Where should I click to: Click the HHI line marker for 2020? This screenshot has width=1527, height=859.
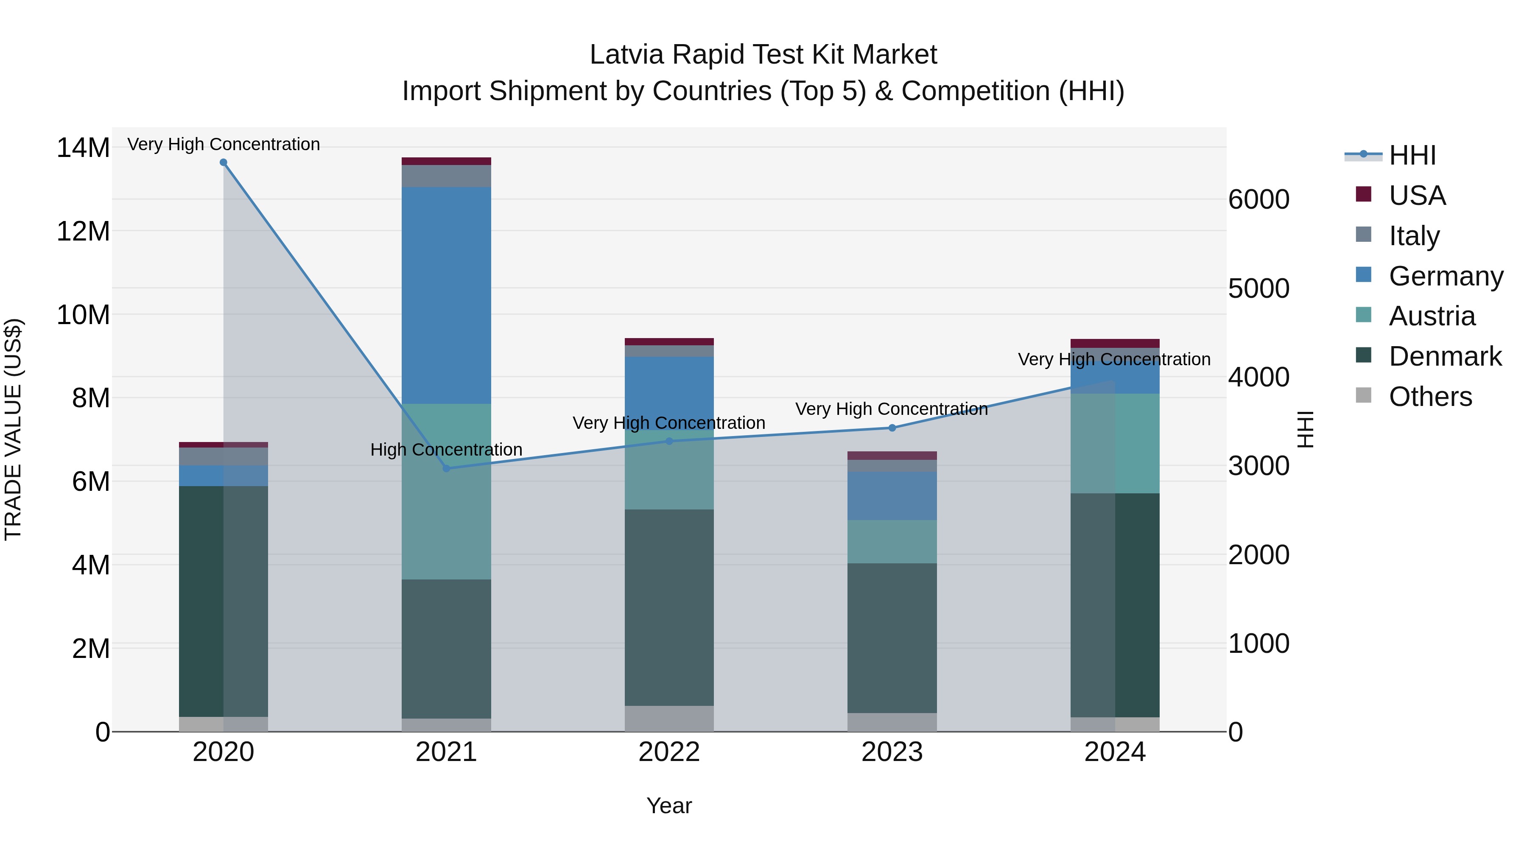coord(224,162)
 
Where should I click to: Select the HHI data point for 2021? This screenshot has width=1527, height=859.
coord(446,468)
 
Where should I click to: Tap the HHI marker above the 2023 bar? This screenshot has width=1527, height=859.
coord(892,428)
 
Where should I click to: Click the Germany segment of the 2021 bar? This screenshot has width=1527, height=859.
coord(446,295)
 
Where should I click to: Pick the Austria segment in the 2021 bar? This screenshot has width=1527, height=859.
coord(446,492)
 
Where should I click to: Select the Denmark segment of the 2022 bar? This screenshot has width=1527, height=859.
coord(669,607)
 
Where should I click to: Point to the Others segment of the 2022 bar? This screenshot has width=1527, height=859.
coord(669,719)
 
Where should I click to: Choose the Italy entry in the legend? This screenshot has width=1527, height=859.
coord(1414,236)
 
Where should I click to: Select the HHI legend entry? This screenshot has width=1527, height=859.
coord(1412,155)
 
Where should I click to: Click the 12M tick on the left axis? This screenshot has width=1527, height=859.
coord(83,231)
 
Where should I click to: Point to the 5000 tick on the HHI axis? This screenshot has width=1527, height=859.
coord(1258,289)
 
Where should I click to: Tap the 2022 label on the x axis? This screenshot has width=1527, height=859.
coord(669,752)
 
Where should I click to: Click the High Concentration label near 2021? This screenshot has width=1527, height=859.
coord(446,449)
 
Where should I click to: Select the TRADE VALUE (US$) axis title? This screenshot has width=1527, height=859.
coord(13,429)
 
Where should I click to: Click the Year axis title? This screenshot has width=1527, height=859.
coord(669,806)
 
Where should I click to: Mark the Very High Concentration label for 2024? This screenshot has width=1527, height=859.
coord(1114,359)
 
